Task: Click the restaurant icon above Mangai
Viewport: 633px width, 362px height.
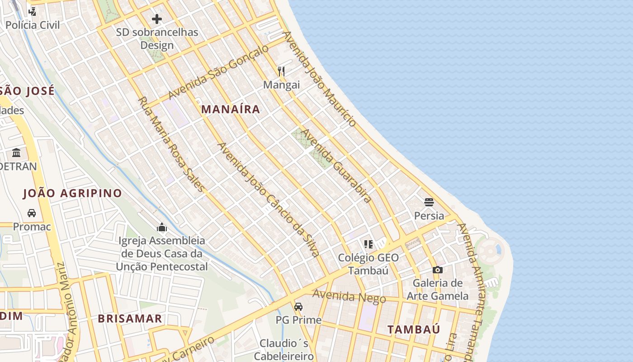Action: point(281,71)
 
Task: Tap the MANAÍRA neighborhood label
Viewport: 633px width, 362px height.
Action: point(231,109)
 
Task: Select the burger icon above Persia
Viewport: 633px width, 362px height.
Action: point(429,202)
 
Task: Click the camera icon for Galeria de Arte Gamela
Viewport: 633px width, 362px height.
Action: point(437,270)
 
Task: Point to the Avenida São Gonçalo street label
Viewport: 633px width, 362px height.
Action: point(218,72)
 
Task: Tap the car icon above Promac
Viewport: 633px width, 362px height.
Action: point(32,213)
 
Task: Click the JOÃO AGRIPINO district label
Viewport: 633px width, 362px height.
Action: point(72,193)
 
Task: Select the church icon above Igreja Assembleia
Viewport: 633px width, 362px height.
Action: point(162,227)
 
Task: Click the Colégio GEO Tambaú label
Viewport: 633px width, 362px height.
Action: point(368,264)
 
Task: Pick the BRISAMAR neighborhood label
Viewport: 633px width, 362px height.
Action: point(130,319)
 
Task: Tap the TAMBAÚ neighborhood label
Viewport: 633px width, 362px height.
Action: point(413,329)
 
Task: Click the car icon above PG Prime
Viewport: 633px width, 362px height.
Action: point(298,307)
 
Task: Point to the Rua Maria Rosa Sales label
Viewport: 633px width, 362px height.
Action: point(171,144)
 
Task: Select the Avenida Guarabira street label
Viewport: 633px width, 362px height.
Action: point(336,166)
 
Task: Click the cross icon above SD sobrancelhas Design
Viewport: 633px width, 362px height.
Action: point(157,19)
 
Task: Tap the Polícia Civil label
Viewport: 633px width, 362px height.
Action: point(33,25)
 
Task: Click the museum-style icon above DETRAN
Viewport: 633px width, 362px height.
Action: point(17,152)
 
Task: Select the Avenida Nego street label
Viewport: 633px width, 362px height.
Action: point(349,297)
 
